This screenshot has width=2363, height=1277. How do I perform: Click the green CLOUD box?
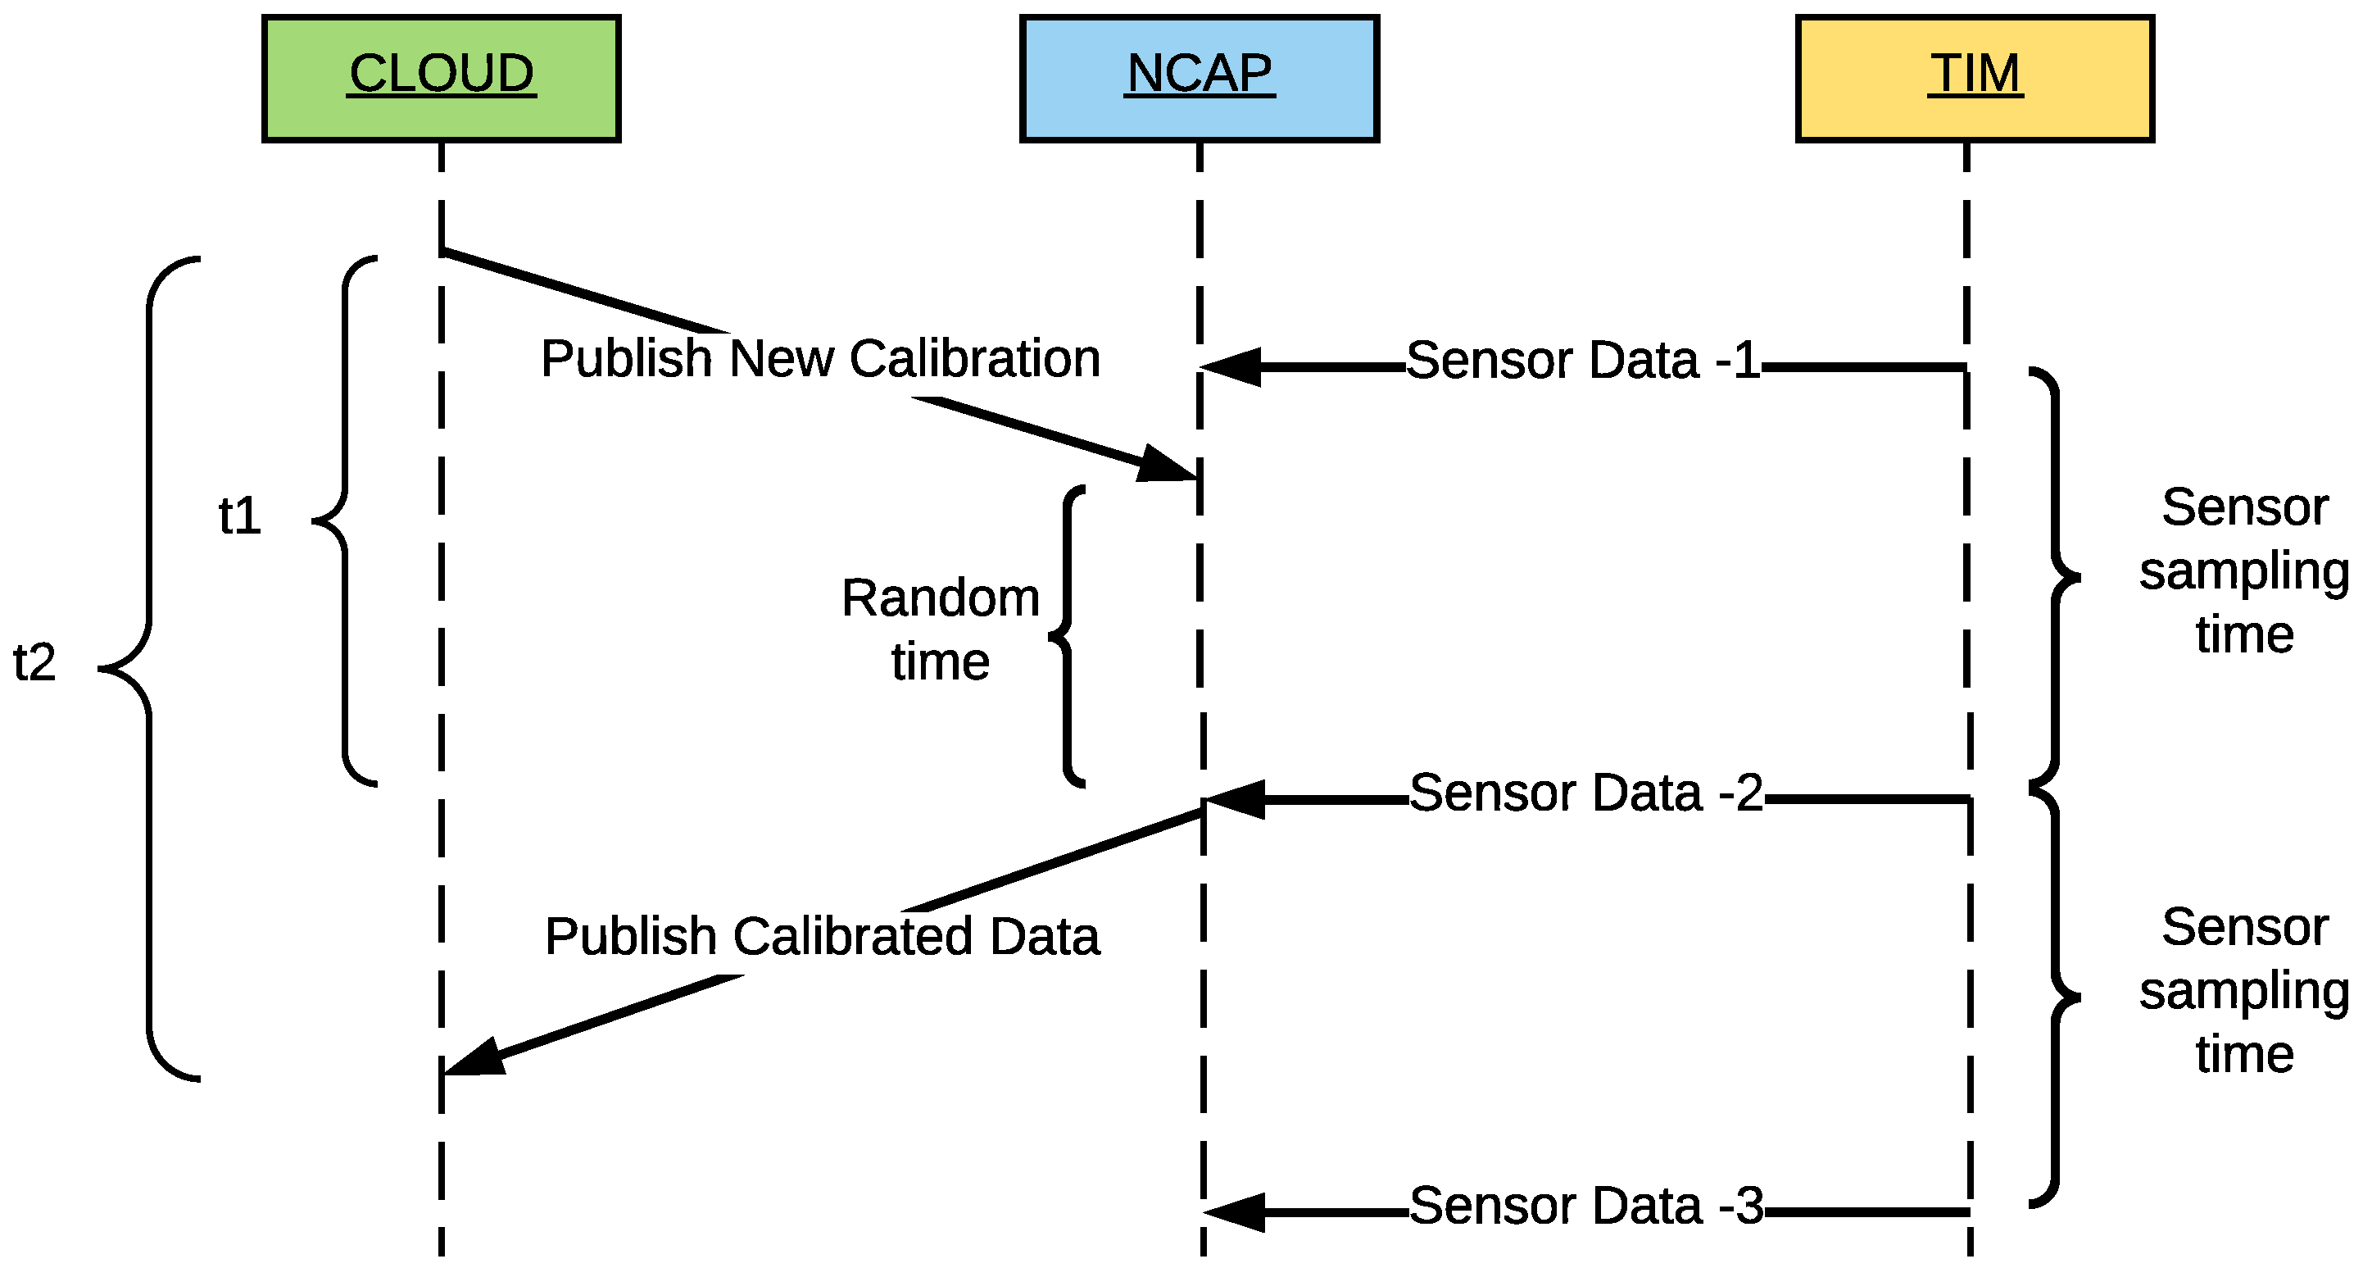(x=442, y=79)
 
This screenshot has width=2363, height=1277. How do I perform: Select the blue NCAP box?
(x=1199, y=79)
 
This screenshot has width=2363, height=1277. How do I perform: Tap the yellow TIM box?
(x=1974, y=79)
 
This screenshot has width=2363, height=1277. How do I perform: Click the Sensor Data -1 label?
(x=1583, y=361)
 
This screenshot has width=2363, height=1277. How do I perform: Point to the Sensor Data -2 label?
(x=1586, y=793)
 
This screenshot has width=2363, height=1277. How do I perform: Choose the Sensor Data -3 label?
(x=1586, y=1207)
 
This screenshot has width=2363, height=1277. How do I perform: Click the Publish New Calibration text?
(x=820, y=359)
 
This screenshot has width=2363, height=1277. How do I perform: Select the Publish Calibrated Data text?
(x=822, y=937)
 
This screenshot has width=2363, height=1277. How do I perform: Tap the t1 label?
(x=240, y=516)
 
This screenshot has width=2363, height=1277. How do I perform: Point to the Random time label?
(x=941, y=630)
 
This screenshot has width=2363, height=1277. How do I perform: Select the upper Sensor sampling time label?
(x=2243, y=571)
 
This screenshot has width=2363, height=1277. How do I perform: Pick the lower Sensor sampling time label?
(x=2243, y=991)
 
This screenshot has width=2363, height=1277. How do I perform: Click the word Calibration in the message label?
(x=974, y=359)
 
